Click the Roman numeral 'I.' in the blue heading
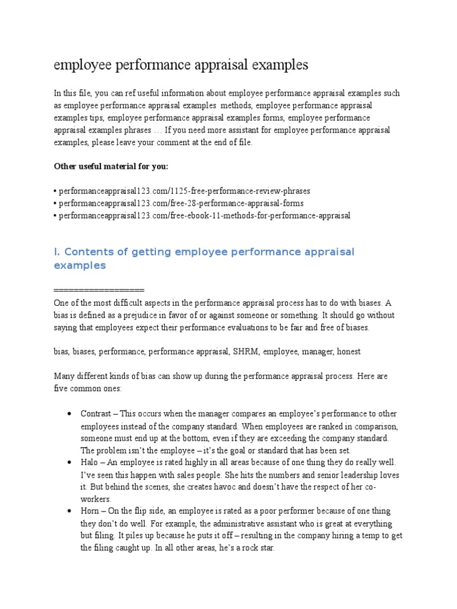(x=57, y=252)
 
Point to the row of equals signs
(x=99, y=290)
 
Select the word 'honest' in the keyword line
(x=348, y=351)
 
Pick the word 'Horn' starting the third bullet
(x=90, y=511)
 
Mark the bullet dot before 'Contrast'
(x=70, y=413)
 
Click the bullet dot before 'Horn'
(x=70, y=511)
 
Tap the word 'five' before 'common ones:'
(x=62, y=388)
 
